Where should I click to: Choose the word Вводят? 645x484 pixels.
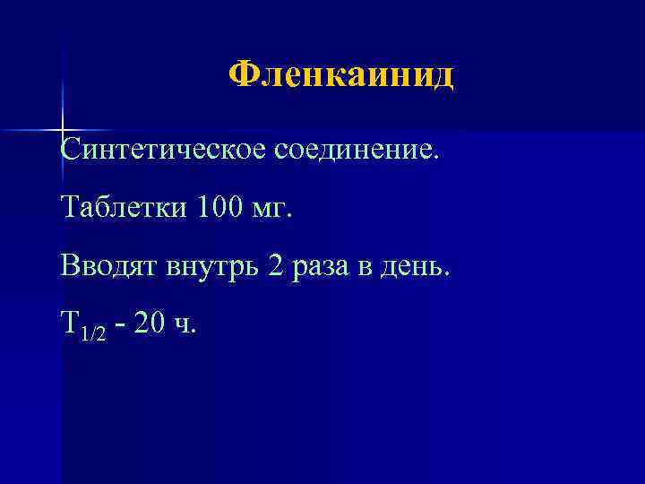107,266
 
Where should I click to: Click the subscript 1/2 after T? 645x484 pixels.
92,333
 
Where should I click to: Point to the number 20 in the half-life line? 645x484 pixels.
151,324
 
